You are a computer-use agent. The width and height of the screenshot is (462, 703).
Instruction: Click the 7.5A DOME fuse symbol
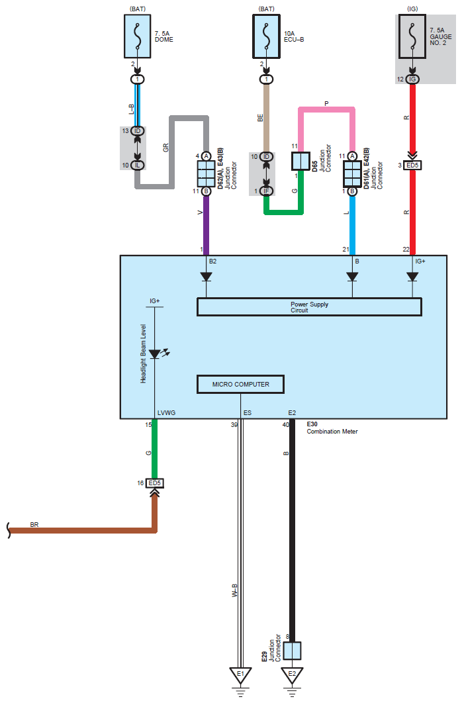(138, 36)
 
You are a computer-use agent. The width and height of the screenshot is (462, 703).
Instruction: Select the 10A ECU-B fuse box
(267, 36)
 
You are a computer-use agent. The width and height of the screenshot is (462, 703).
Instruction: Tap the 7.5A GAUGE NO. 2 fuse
(412, 36)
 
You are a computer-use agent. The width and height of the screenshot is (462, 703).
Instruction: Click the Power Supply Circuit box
(309, 307)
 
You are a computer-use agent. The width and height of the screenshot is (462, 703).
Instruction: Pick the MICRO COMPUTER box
(241, 384)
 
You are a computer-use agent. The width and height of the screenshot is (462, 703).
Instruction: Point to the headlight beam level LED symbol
(155, 354)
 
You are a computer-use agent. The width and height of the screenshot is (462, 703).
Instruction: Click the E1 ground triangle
(241, 675)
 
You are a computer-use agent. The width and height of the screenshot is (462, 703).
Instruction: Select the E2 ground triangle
(292, 675)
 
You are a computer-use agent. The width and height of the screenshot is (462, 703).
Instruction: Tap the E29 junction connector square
(292, 651)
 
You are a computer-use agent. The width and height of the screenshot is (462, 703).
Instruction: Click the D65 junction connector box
(300, 162)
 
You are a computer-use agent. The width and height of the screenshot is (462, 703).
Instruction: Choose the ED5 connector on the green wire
(155, 483)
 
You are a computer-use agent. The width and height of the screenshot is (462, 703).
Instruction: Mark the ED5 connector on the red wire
(412, 165)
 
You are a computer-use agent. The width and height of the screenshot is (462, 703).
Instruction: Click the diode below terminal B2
(206, 277)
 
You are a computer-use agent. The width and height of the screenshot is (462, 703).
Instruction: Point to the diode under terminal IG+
(413, 277)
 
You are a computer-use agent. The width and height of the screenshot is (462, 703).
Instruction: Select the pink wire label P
(326, 103)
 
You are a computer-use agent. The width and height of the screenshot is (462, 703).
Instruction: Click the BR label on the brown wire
(34, 524)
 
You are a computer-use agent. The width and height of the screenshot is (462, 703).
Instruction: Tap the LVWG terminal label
(166, 413)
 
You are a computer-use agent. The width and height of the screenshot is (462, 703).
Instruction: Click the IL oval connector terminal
(138, 165)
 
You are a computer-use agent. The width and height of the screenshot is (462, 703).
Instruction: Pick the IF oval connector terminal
(267, 191)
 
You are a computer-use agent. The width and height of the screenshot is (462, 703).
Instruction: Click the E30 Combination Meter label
(332, 428)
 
